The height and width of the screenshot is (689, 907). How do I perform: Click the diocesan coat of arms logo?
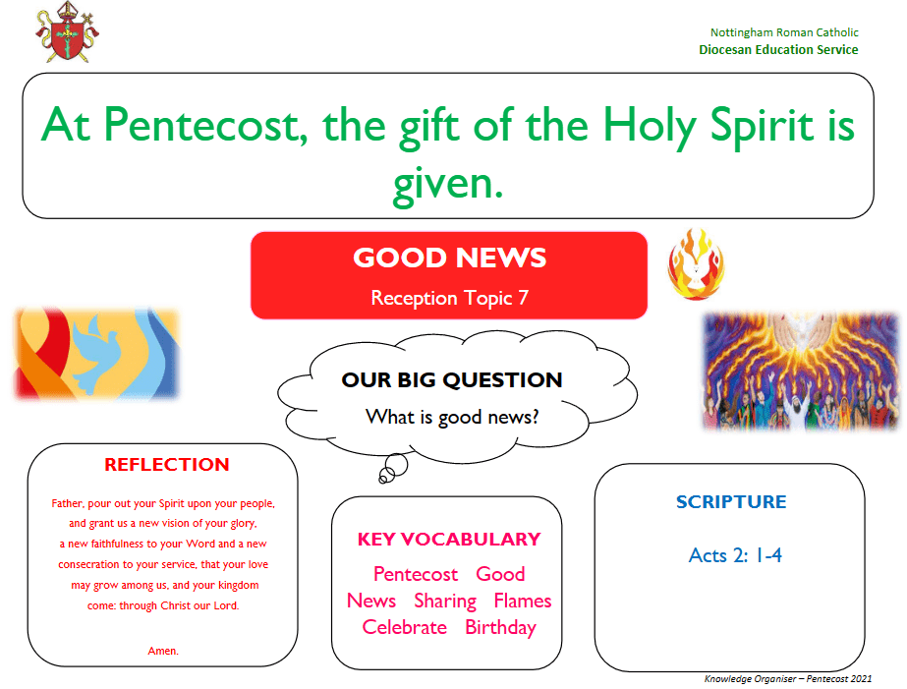point(67,32)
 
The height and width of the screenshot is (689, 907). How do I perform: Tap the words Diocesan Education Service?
point(778,50)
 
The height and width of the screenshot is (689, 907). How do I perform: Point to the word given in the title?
point(448,184)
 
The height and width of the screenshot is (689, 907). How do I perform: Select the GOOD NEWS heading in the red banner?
point(449,258)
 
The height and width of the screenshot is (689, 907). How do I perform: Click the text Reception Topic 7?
point(449,298)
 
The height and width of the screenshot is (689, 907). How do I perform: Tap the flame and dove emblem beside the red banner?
point(696,264)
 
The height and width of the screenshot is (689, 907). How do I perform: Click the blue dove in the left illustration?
point(94,354)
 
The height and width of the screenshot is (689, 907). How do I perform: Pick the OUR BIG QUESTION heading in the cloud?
point(452,380)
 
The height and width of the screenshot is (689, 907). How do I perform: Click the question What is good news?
point(452,417)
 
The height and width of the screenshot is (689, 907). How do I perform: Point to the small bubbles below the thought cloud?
point(393,468)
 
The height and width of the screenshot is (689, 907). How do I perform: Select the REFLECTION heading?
point(167,465)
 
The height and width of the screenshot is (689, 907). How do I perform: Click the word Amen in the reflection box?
point(163,651)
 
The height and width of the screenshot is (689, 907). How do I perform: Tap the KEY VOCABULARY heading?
point(449,540)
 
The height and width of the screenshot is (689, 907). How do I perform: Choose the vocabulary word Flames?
point(523,601)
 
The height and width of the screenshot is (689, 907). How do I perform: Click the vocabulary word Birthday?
point(500,628)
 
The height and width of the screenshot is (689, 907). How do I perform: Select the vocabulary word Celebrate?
point(404,627)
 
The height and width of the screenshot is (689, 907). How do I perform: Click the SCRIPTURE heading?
point(731,501)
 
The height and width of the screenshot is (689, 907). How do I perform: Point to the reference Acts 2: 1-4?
point(735,555)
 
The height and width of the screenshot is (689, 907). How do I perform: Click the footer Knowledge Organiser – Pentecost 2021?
point(788,678)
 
